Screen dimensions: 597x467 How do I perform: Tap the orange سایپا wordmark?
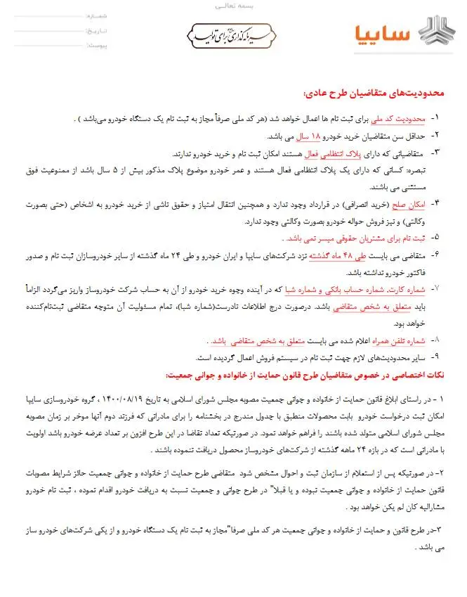[382, 33]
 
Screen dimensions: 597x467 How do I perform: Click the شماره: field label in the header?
[96, 15]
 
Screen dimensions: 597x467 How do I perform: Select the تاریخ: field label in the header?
[96, 30]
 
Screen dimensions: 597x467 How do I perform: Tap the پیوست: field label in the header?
[96, 45]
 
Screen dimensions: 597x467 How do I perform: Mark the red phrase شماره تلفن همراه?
[395, 340]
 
